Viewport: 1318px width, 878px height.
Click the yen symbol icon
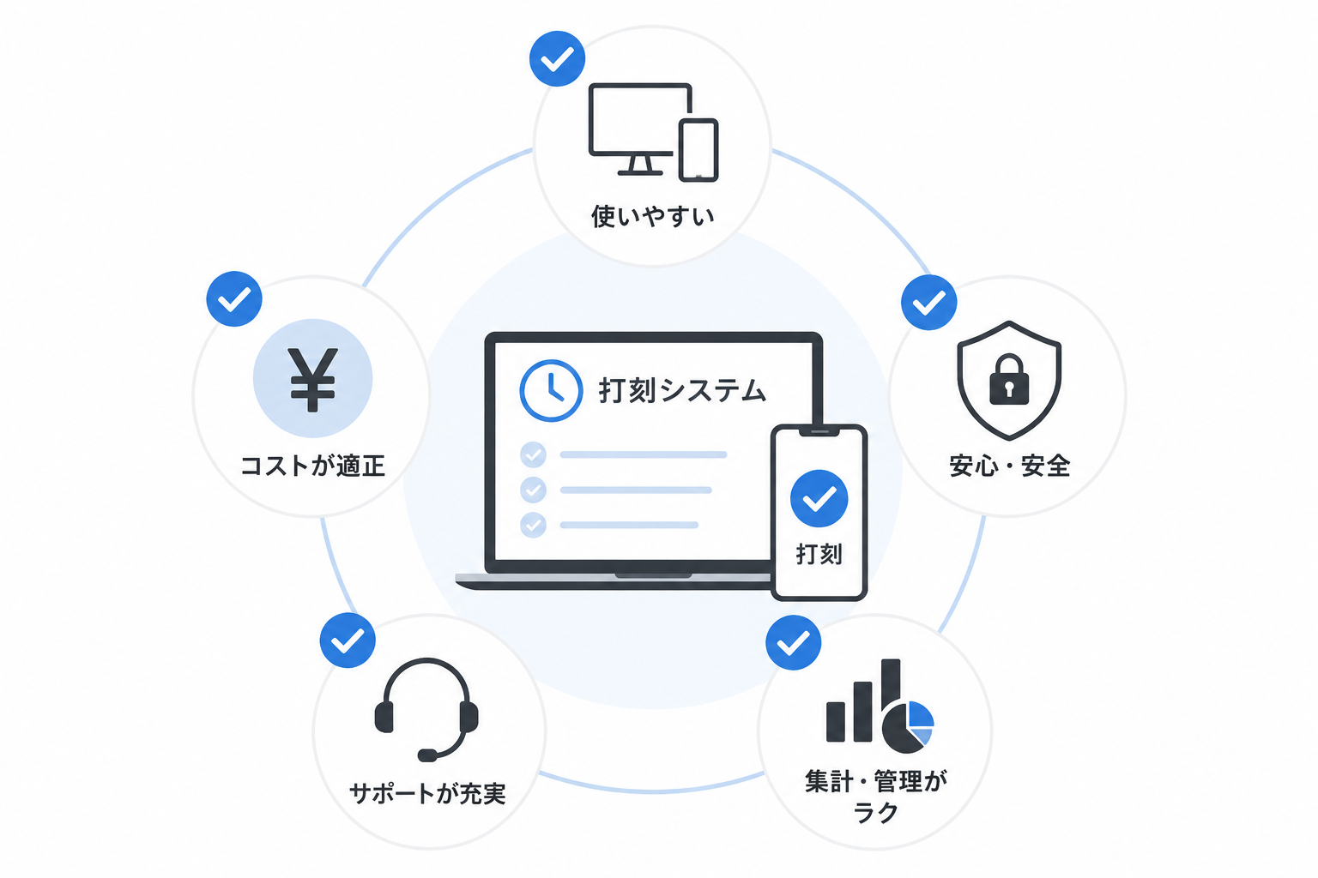coord(312,379)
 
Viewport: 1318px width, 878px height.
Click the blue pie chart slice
coord(921,715)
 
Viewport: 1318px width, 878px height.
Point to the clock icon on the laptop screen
coord(551,390)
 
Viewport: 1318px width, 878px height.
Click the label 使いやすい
coord(652,216)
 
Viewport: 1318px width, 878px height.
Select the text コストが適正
coord(312,466)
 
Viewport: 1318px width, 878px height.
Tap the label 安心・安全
coord(1009,466)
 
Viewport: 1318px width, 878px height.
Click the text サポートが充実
coord(427,793)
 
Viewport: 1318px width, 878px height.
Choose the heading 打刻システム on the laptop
coord(682,390)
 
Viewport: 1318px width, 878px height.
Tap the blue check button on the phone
coord(819,499)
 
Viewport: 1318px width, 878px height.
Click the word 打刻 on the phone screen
coord(819,554)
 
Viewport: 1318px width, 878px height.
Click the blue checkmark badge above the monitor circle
coord(557,59)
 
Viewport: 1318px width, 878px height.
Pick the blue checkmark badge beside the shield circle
coord(928,303)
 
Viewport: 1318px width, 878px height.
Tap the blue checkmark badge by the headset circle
coord(348,640)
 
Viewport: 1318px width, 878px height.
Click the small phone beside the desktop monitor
coord(698,150)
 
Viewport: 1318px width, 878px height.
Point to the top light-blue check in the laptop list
coord(533,454)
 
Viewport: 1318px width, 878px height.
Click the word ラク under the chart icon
coord(875,813)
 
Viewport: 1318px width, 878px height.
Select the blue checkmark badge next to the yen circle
coord(234,298)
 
